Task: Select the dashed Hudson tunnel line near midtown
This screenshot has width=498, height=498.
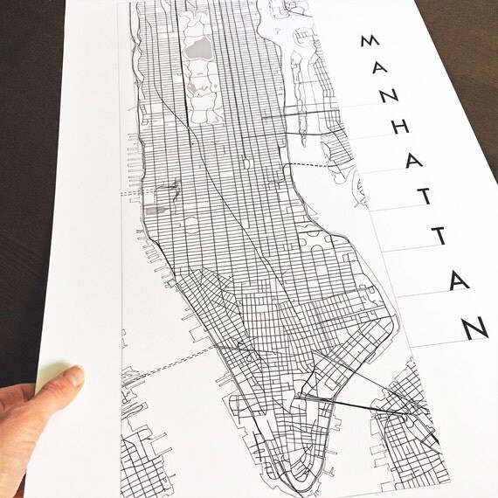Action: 131,191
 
